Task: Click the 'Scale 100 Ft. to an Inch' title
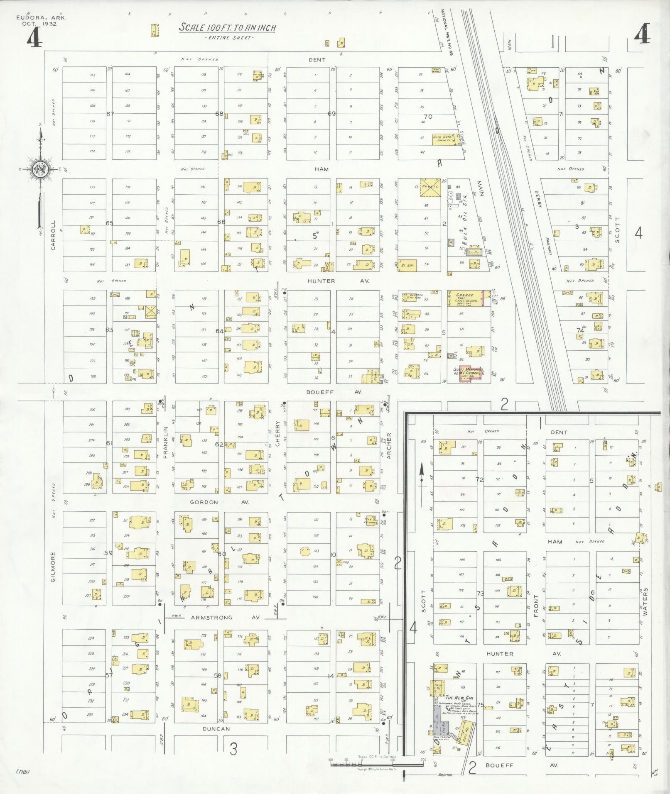[x=228, y=28]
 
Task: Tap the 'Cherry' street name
[x=277, y=437]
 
